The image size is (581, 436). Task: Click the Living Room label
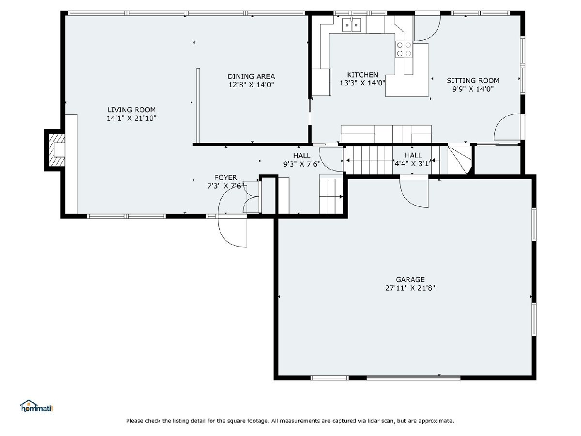point(132,109)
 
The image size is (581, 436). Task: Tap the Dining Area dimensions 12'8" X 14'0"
point(251,85)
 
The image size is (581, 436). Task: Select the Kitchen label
point(362,75)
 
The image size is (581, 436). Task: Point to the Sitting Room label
point(473,80)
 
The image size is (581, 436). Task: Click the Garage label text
point(410,280)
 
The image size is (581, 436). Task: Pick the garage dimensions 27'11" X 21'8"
point(410,288)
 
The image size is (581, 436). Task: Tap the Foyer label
point(226,177)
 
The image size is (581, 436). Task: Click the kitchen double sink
point(352,25)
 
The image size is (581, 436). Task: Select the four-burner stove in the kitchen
point(404,49)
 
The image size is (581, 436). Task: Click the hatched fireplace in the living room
point(56,150)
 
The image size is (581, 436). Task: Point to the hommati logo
point(37,406)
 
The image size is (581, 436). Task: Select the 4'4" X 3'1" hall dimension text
point(413,164)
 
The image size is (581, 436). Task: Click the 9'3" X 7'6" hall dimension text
point(302,164)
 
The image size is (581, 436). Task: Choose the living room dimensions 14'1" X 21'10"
point(132,118)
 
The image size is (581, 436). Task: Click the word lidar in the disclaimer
point(376,420)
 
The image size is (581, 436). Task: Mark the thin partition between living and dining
point(198,106)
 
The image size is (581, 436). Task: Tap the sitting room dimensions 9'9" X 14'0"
point(473,89)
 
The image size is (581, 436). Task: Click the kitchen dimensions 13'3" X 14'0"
point(362,83)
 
